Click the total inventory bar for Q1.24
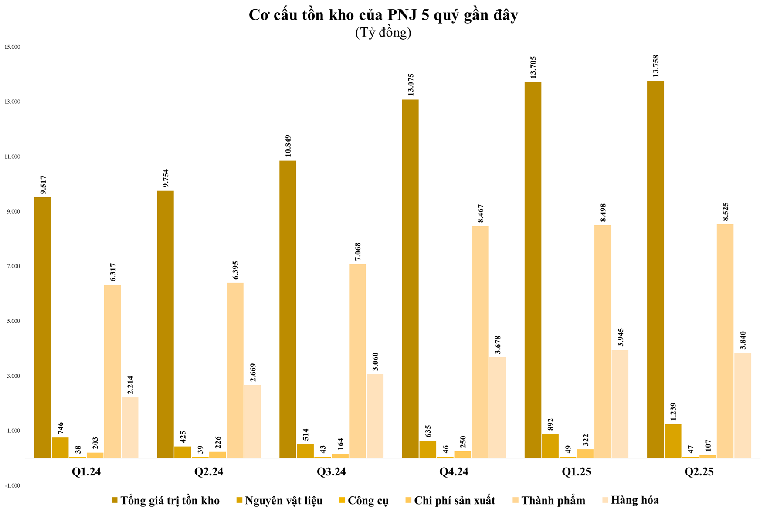click(x=43, y=327)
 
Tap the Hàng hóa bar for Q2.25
click(x=743, y=405)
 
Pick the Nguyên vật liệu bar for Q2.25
click(x=673, y=441)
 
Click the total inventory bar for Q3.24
click(x=288, y=309)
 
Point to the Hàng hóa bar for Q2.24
click(x=252, y=421)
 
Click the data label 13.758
click(x=655, y=66)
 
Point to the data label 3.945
click(x=620, y=337)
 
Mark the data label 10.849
click(x=288, y=146)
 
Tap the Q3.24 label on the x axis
click(x=331, y=472)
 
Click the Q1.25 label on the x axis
click(x=576, y=472)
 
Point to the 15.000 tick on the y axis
click(x=12, y=47)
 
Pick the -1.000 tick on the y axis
click(x=12, y=485)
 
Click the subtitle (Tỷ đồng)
click(x=383, y=33)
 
